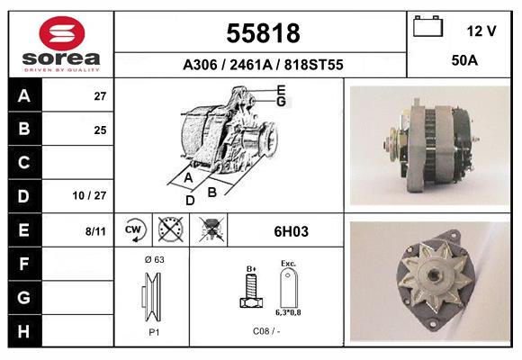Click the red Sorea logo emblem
point(62,33)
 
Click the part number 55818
point(263,33)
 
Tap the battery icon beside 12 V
point(427,26)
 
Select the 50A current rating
point(464,60)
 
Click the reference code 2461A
point(251,65)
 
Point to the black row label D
point(23,196)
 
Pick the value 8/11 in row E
point(95,231)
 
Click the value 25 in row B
point(100,130)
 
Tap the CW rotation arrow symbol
point(134,230)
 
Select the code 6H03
point(291,231)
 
